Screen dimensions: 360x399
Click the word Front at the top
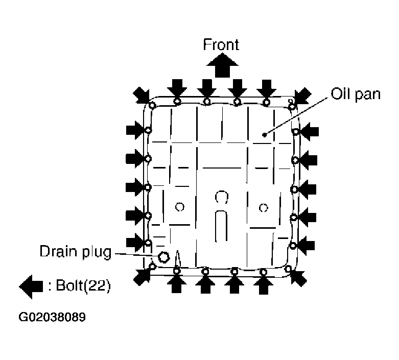pos(221,44)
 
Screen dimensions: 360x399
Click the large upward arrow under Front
pos(221,65)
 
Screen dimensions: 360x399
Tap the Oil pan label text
pos(356,94)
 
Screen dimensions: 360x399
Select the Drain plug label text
pos(75,252)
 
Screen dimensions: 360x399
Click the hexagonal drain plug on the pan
pos(164,256)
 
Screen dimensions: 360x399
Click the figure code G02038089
pos(52,317)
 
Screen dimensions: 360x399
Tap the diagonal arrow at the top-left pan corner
pos(142,94)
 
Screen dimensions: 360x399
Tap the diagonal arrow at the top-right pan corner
pos(302,94)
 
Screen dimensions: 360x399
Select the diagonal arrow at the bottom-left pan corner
pos(142,276)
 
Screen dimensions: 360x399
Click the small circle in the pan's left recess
pos(179,207)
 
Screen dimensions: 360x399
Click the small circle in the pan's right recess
pos(263,207)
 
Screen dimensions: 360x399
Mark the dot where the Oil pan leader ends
pos(264,135)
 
